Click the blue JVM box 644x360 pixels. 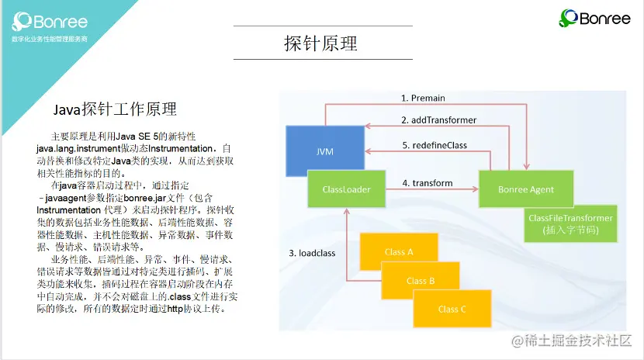click(325, 151)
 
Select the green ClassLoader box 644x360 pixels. click(346, 189)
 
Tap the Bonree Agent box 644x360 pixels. click(526, 189)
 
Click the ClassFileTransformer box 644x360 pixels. click(570, 223)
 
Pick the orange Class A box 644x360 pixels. click(398, 251)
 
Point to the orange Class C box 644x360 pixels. click(452, 308)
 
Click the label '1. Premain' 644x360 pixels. click(423, 99)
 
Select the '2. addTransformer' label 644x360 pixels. click(438, 120)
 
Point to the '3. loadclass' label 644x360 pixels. click(312, 253)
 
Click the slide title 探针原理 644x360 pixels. click(321, 43)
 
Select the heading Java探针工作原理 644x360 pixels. click(114, 108)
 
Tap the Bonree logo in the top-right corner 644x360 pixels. click(596, 18)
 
